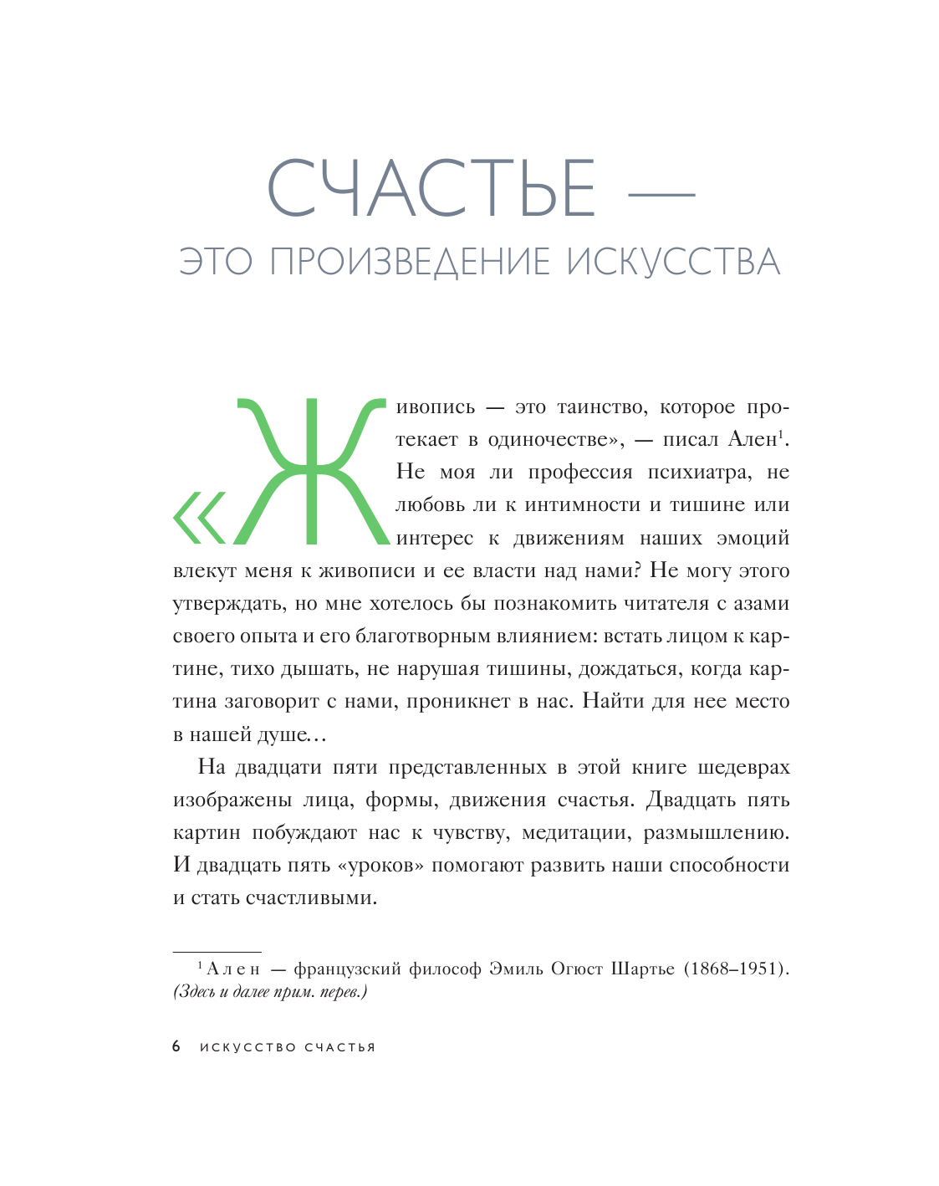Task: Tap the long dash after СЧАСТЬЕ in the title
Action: coord(661,195)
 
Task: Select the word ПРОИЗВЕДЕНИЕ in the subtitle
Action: coord(411,262)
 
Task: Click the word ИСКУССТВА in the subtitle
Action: coord(673,262)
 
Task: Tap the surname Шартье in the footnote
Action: coord(643,969)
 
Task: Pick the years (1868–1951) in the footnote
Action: coord(737,969)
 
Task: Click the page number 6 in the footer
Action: coord(176,1047)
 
